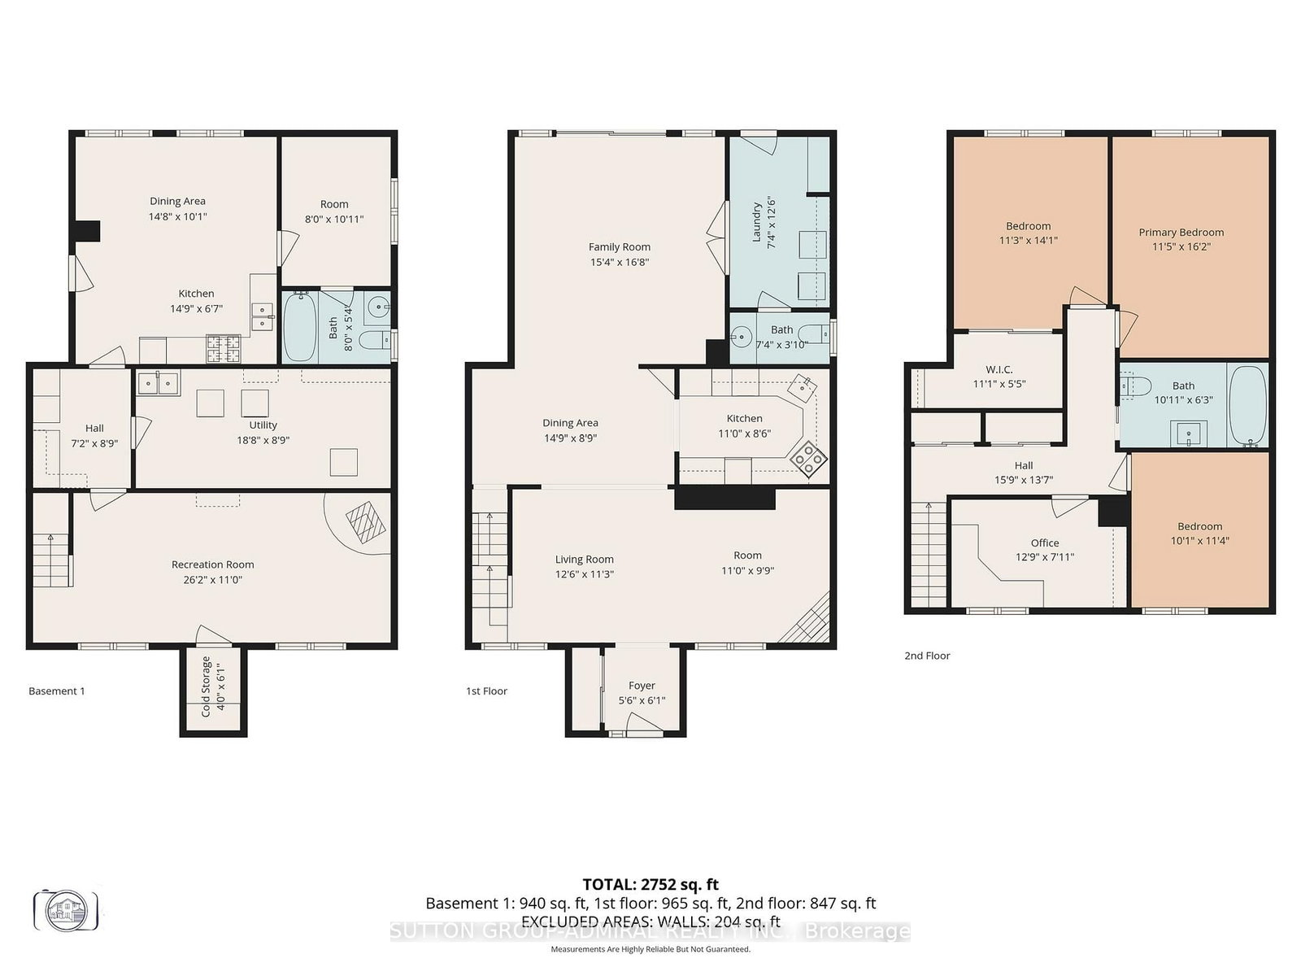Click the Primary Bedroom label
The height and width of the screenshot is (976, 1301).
[1181, 232]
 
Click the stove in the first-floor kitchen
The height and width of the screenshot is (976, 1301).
[810, 459]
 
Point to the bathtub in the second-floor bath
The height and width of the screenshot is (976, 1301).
[1247, 405]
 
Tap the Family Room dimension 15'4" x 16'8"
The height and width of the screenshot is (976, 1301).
[619, 262]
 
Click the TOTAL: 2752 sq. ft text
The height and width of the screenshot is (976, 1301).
[650, 884]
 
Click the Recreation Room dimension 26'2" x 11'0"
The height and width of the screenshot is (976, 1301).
[212, 580]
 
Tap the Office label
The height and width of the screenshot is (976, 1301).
[1045, 542]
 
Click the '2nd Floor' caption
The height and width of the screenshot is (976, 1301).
[927, 655]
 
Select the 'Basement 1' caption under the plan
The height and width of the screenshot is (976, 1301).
[57, 691]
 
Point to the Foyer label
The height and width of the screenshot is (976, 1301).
[642, 686]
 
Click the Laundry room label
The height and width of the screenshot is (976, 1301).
[757, 222]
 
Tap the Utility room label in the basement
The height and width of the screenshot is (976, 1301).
[263, 425]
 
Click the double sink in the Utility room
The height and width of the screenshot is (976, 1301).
[159, 381]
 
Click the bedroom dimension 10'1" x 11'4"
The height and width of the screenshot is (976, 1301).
[1199, 541]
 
